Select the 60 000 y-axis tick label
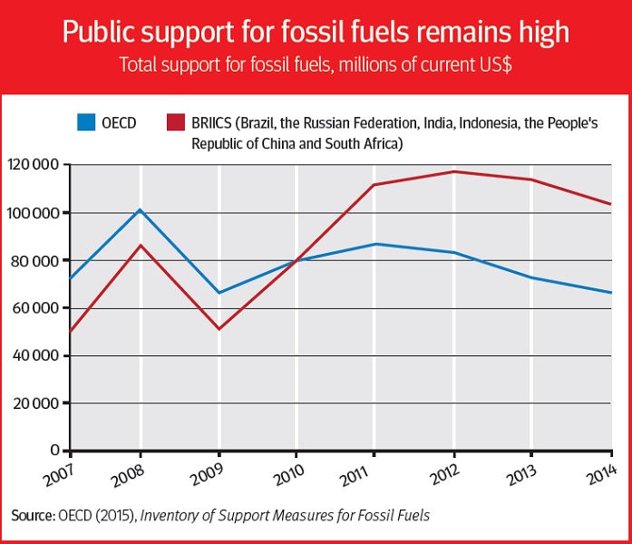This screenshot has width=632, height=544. point(36,308)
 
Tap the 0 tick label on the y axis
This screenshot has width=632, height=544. point(55,451)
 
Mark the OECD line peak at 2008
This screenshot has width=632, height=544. point(141,209)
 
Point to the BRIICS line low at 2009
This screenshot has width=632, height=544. point(219,328)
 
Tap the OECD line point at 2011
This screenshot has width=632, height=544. point(374,244)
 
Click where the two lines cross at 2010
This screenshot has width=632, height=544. point(296,260)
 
